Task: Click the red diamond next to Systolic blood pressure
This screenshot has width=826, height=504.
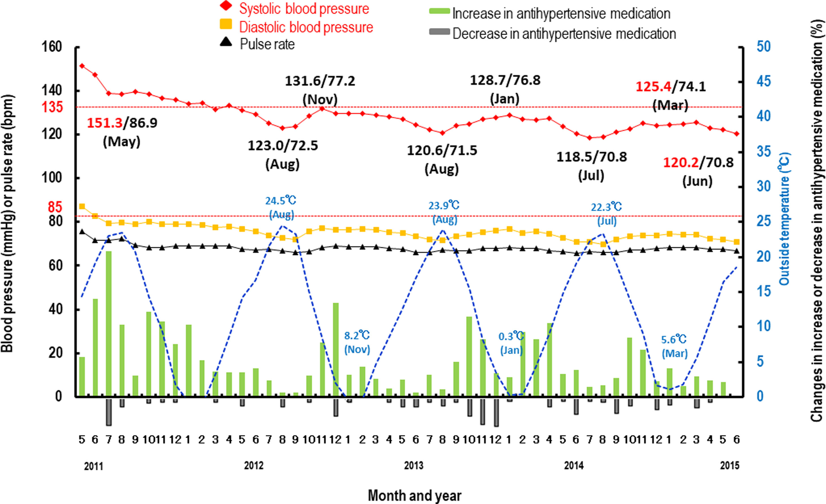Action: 225,6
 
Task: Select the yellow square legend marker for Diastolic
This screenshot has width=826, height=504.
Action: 226,24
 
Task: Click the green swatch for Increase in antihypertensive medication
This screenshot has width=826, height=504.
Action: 439,11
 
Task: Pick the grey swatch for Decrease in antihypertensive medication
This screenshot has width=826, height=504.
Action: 439,31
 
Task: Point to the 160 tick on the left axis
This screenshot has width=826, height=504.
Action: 52,47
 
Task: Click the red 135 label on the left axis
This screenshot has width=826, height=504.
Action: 52,107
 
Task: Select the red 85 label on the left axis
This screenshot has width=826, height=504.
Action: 55,207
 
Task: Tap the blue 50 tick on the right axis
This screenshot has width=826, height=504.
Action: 763,47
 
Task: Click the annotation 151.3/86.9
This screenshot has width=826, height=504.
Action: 122,123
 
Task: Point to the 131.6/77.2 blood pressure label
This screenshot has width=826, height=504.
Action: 320,81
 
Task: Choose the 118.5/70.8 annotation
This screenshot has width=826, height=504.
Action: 592,157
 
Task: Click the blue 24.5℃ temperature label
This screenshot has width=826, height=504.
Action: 281,201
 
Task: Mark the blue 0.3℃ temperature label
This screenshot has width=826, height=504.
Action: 511,336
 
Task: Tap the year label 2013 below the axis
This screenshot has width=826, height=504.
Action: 414,466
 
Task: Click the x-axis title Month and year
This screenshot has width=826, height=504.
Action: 415,495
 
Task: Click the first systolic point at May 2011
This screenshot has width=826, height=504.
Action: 82,66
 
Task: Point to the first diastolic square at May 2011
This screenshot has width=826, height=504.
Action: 82,206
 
